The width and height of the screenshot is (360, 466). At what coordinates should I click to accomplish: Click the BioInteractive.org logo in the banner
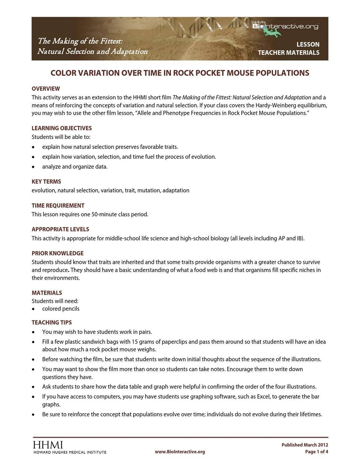click(285, 26)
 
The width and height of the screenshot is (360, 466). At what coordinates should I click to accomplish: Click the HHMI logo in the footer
click(48, 445)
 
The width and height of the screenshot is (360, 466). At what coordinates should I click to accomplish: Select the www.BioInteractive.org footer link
click(180, 452)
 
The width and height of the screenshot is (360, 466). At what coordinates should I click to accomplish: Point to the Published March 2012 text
click(305, 445)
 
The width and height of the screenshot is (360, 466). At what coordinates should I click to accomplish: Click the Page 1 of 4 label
click(317, 452)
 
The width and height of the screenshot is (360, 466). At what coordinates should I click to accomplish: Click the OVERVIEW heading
click(46, 89)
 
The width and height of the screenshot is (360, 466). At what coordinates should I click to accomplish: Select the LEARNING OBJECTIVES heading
click(62, 128)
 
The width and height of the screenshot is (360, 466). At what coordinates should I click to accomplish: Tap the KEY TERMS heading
click(46, 182)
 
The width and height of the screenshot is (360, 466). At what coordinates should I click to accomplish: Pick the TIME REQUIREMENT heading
click(58, 205)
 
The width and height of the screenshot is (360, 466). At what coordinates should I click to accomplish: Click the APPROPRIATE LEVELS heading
click(60, 229)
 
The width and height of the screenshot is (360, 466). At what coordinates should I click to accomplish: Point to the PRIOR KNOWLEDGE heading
click(57, 253)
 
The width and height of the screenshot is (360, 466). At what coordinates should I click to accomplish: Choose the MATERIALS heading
click(47, 293)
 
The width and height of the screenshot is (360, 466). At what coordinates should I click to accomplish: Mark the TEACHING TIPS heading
click(52, 323)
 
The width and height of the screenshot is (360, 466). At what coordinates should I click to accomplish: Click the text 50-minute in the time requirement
click(104, 215)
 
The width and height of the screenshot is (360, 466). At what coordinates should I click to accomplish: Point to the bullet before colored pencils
click(33, 309)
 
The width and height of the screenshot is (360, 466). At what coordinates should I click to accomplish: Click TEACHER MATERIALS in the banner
click(289, 53)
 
